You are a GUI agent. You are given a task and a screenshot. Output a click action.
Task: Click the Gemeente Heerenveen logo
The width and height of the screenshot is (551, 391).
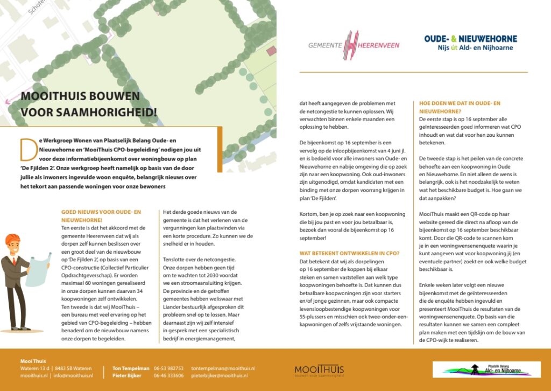[354, 45]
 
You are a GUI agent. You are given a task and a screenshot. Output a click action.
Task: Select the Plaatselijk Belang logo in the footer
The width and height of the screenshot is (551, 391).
[486, 369]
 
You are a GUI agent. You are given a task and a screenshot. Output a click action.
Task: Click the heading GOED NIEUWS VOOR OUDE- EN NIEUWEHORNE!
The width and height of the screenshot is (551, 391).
[101, 216]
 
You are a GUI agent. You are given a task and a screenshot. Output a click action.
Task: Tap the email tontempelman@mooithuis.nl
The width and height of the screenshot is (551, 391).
[223, 368]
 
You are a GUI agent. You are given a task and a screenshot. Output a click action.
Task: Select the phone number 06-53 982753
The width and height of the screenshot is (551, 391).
[168, 368]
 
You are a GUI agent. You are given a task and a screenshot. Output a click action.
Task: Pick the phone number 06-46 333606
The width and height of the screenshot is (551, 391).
[168, 375]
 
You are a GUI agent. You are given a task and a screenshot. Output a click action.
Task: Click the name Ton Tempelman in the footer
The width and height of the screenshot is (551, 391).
[131, 368]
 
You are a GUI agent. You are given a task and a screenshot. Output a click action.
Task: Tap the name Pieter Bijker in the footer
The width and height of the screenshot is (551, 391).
[127, 375]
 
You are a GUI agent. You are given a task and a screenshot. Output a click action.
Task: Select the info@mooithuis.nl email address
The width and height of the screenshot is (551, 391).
[74, 375]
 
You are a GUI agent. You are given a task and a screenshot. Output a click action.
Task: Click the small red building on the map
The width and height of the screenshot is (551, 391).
[271, 50]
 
